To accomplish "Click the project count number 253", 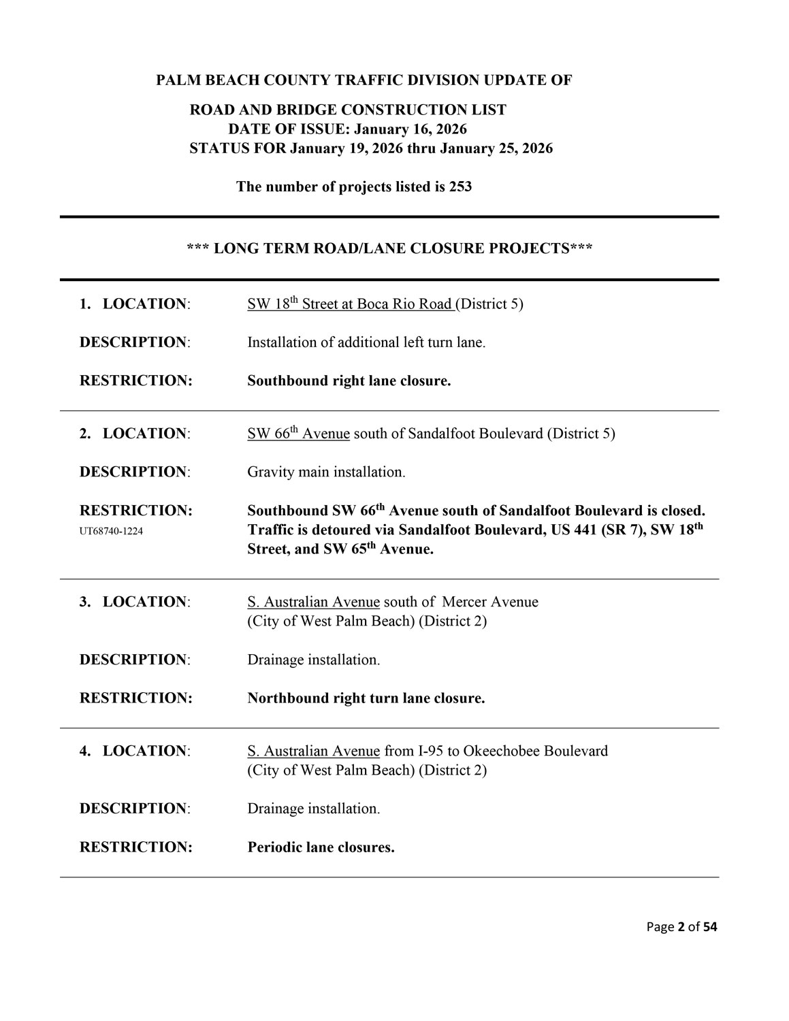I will coord(460,187).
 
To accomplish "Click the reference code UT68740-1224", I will coord(111,531).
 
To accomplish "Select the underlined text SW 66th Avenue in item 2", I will coord(298,434).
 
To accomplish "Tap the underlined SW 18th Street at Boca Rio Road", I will coord(350,304).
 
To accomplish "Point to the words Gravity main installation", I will coord(326,472).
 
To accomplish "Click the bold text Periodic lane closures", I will coord(321,847).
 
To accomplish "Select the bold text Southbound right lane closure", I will coord(349,380).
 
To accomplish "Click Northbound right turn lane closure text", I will coord(366,698).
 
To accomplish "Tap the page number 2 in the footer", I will coord(680,926).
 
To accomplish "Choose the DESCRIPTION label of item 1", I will coord(134,342).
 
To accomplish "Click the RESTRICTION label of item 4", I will coord(135,847).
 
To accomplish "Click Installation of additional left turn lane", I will coord(366,342).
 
